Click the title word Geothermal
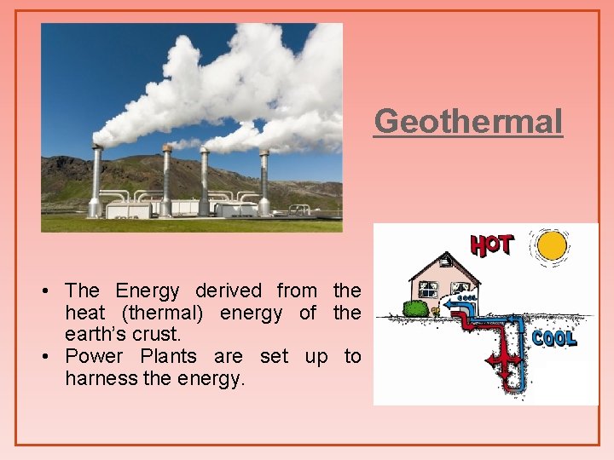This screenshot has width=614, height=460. pos(468,121)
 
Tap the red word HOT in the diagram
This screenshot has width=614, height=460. pos(491,246)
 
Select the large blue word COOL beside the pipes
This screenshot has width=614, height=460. pos(554,338)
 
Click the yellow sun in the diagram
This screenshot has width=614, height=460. pos(552,246)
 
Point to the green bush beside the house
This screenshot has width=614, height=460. pos(415,308)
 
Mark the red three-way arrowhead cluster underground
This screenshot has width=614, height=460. pos(503,363)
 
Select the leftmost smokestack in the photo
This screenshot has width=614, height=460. pos(96,181)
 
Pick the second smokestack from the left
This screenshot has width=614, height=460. pos(166,181)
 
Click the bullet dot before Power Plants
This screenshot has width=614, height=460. pos(45,357)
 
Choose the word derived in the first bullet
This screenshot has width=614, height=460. pos(229,291)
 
